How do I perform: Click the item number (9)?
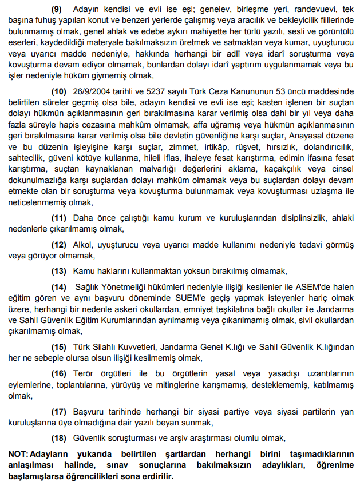click(x=58, y=10)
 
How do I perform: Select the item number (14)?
click(x=59, y=286)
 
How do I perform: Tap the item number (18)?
click(x=59, y=438)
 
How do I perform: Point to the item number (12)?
click(x=59, y=245)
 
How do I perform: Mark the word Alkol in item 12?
click(x=84, y=245)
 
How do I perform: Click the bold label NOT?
click(x=18, y=453)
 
